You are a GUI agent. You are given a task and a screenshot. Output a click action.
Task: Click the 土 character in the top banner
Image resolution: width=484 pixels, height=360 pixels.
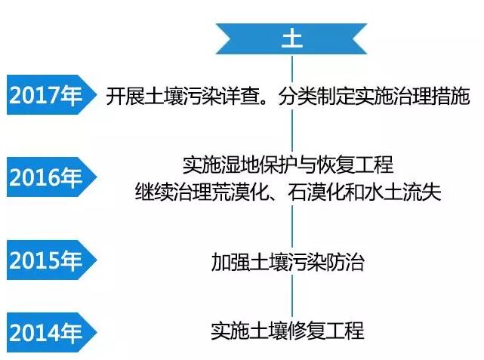(291, 39)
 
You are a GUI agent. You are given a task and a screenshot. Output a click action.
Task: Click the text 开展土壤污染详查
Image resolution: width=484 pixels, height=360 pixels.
(183, 97)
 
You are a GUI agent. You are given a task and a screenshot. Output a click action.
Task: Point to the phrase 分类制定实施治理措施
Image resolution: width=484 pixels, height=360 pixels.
(374, 97)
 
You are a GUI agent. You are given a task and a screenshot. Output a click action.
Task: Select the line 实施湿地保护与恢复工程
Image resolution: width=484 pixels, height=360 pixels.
(288, 165)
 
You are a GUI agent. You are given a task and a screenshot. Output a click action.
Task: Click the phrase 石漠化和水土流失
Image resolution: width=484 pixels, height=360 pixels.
(364, 192)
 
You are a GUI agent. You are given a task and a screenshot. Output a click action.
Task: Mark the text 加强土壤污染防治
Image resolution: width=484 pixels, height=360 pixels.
(288, 262)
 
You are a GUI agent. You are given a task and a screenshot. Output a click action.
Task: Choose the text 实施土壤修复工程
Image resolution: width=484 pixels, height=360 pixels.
(288, 331)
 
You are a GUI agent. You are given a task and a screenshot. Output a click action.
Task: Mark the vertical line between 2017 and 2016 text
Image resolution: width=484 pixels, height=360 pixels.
(292, 131)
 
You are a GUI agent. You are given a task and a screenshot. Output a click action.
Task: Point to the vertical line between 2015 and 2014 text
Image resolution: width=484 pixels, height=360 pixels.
(292, 296)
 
